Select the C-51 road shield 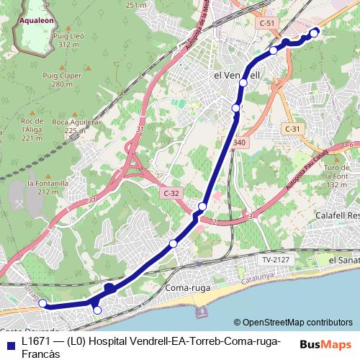click(267, 23)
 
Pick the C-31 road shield click(292, 128)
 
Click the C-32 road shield click(171, 193)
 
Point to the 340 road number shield click(240, 143)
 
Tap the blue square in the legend click(11, 342)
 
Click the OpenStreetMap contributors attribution click(297, 322)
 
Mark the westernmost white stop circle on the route click(42, 303)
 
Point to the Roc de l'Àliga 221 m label click(32, 129)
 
